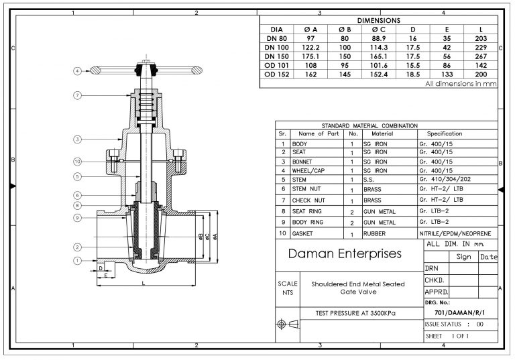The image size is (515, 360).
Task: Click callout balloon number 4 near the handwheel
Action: tap(78, 70)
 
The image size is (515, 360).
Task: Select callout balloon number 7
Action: tap(78, 96)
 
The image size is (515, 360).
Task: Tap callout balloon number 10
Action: tap(78, 162)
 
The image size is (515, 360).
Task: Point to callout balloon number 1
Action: tap(78, 260)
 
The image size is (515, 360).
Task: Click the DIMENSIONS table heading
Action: tap(378, 21)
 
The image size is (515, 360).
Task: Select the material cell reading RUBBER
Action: tap(375, 235)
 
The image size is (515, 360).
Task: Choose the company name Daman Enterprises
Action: tap(345, 254)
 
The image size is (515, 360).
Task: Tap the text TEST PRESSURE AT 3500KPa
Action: tap(355, 313)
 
